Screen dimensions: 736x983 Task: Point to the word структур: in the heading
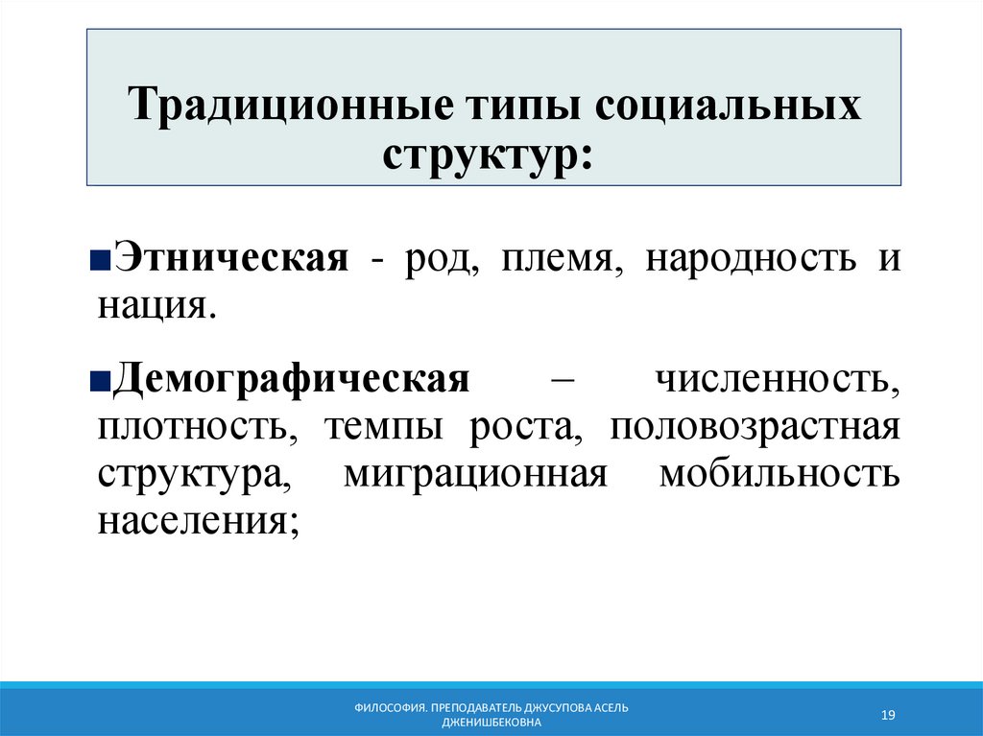pos(488,155)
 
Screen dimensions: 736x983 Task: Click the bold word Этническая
pos(230,259)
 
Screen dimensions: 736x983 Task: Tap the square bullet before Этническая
pos(104,262)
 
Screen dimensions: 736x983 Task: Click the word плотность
pos(196,426)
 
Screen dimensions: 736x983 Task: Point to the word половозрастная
pos(755,426)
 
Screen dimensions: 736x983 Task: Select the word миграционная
pos(475,474)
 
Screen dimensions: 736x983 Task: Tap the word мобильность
pos(779,474)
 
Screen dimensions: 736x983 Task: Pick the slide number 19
pos(888,715)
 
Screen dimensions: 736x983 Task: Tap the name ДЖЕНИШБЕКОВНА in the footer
pos(491,722)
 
